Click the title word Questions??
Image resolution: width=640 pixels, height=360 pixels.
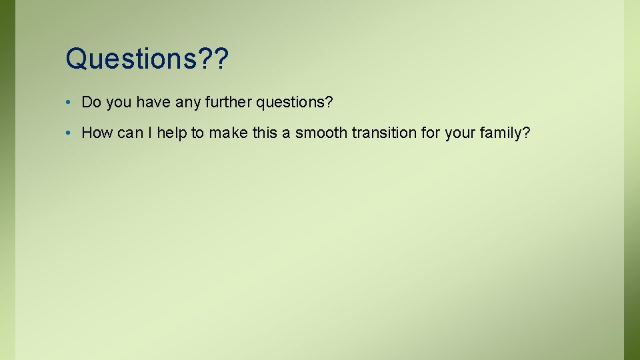click(x=147, y=59)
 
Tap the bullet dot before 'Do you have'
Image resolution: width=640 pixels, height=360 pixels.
click(x=69, y=103)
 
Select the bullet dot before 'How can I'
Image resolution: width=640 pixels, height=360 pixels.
click(x=69, y=133)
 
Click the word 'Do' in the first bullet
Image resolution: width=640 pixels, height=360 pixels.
click(x=90, y=102)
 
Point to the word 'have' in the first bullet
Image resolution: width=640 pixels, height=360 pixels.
click(x=150, y=102)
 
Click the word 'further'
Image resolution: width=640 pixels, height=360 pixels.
click(x=225, y=102)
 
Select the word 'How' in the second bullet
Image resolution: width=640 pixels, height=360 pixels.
click(x=97, y=133)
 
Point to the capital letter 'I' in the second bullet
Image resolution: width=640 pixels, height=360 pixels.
click(x=151, y=133)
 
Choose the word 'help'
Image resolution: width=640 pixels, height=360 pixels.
click(x=171, y=133)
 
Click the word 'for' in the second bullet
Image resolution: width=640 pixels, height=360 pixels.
click(x=430, y=133)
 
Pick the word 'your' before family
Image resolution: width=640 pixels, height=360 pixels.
click(x=459, y=133)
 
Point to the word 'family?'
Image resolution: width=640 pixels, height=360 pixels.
click(x=505, y=133)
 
